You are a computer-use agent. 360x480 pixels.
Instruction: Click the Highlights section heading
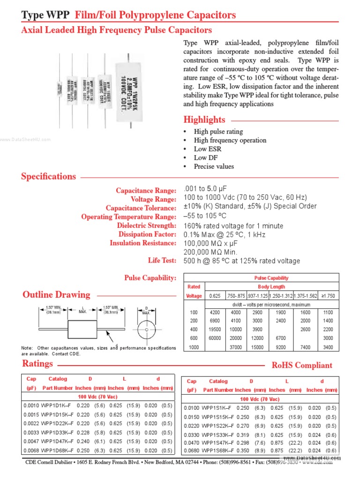coord(204,120)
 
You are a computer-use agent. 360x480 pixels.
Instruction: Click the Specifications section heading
coord(48,177)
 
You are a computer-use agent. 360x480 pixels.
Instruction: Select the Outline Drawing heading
coord(56,295)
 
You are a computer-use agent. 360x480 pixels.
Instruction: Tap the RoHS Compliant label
coord(302,365)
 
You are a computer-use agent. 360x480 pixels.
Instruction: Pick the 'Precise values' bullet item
coord(214,166)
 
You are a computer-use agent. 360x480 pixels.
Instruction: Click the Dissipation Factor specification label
coord(147,234)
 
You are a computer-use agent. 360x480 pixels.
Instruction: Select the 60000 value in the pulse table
coord(215,338)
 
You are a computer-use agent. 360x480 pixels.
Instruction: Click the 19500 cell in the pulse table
coord(215,330)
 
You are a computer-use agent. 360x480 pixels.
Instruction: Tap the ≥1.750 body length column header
coord(328,296)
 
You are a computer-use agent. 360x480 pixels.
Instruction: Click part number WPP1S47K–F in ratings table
coord(219,442)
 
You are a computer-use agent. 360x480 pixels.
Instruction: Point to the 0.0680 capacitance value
coord(192,451)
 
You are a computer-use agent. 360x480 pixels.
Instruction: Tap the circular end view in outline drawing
coord(146,330)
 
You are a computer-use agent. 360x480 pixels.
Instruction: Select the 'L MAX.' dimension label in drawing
coord(82,309)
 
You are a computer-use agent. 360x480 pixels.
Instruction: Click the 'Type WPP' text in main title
coord(45,15)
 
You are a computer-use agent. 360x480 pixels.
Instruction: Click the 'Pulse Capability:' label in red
coord(150,278)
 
